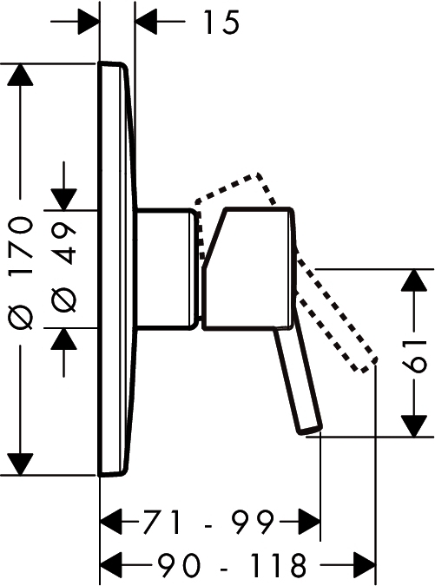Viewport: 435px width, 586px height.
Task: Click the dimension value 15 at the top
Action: (x=221, y=23)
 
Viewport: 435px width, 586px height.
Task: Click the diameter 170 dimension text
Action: (x=21, y=273)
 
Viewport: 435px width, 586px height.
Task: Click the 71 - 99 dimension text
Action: (x=208, y=523)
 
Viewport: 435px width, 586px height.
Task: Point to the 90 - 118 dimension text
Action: (x=231, y=564)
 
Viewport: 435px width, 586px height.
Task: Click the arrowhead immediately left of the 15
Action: (x=146, y=22)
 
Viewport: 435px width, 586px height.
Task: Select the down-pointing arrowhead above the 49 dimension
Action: (x=64, y=199)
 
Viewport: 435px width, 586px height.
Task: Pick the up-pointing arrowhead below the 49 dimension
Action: (x=64, y=339)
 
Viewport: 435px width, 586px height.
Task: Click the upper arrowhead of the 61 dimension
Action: (x=413, y=280)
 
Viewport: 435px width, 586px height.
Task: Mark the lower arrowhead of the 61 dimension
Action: (x=413, y=425)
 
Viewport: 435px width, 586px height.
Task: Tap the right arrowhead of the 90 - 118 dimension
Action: (x=365, y=564)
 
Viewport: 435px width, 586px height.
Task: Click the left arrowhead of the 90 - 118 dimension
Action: (x=112, y=564)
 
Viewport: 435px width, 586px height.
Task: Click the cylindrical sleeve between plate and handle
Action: (x=166, y=269)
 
